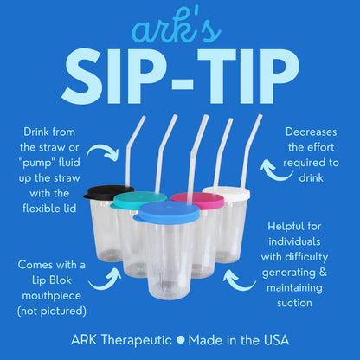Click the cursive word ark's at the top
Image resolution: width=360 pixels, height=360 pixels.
click(x=180, y=27)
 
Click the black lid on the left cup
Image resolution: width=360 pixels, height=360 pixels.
click(x=107, y=191)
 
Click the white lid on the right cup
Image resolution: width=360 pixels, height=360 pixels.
click(x=226, y=191)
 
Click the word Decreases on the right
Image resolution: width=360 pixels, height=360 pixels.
click(x=314, y=133)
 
